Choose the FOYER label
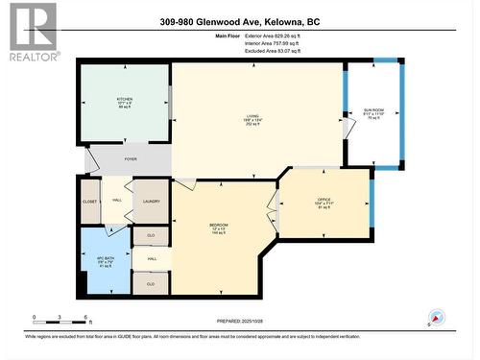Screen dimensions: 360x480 [131, 160]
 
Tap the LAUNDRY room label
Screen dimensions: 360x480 [151, 200]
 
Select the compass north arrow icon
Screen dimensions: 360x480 [438, 318]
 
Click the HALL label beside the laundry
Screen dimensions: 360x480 [116, 200]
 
